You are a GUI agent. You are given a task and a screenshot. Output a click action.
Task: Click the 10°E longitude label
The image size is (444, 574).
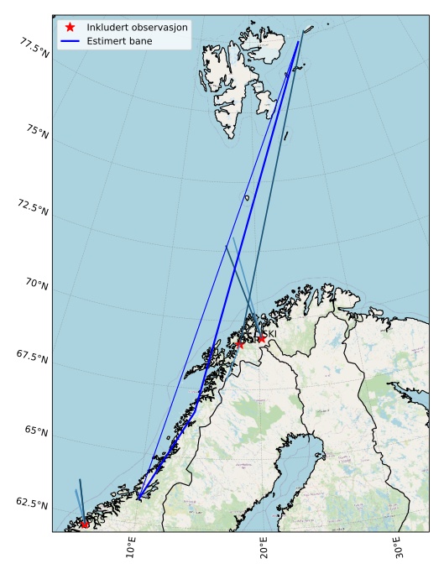click(x=131, y=548)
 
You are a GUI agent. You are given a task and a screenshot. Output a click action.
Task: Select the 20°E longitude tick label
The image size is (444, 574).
click(x=263, y=548)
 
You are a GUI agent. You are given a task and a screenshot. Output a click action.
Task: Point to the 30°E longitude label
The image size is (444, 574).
click(x=396, y=548)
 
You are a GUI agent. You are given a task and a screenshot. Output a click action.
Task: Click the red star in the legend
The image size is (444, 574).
click(x=71, y=27)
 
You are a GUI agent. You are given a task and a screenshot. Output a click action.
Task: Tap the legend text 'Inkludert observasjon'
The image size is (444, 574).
click(x=137, y=27)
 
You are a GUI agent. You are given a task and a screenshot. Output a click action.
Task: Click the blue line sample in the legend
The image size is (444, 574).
click(x=71, y=40)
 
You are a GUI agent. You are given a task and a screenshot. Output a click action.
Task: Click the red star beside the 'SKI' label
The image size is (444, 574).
click(x=261, y=339)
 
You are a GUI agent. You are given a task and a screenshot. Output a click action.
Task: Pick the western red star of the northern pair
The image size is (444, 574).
click(x=240, y=343)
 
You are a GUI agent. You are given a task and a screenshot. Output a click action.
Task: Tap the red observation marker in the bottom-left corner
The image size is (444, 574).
click(x=85, y=524)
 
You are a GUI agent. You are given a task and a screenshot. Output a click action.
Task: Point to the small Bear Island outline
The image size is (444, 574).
click(x=247, y=197)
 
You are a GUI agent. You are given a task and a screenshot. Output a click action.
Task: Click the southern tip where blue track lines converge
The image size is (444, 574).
click(x=138, y=498)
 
